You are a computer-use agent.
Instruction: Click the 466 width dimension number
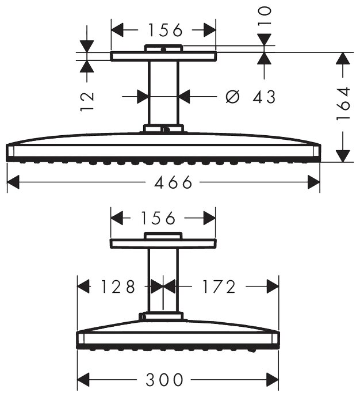173,183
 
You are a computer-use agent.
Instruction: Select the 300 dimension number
164,380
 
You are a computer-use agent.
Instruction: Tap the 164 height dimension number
344,102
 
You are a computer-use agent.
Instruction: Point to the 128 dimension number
117,286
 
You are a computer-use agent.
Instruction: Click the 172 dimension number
219,286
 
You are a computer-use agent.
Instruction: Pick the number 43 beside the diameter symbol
264,97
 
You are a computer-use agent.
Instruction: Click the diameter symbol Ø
232,97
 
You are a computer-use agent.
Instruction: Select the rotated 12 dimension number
87,100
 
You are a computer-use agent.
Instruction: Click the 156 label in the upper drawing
164,29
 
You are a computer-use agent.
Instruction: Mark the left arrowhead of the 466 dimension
13,183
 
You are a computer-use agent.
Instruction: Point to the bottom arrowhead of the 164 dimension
343,155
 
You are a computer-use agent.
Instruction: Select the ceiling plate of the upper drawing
164,56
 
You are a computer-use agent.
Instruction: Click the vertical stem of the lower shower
163,282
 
